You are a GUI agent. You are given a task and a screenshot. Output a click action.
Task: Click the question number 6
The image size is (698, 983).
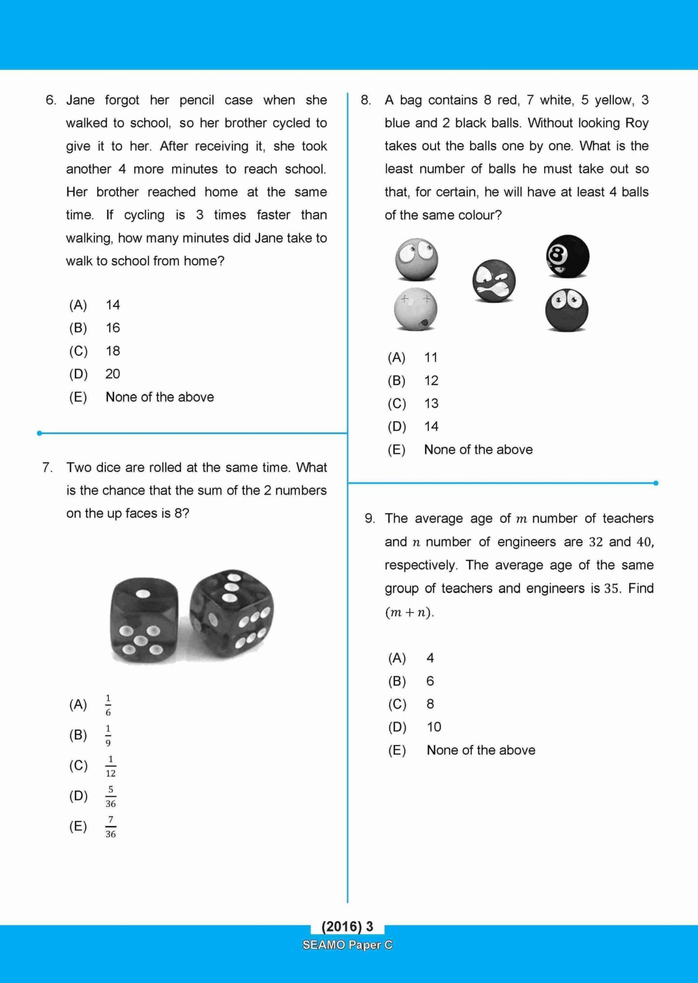pos(51,100)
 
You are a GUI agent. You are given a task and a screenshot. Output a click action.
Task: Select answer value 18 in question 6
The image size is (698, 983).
pos(113,351)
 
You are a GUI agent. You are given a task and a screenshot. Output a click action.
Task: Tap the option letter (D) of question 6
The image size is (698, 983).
pos(78,374)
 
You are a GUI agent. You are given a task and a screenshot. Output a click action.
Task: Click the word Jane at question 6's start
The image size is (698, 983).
pos(81,100)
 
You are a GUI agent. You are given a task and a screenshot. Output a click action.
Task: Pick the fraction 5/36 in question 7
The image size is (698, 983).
pos(111,797)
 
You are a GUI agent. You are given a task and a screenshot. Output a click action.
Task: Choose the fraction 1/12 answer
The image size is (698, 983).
pos(111,766)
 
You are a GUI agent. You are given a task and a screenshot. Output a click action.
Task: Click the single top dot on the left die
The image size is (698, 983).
pos(143,594)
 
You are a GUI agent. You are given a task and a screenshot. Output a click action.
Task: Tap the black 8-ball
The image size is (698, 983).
pos(568,256)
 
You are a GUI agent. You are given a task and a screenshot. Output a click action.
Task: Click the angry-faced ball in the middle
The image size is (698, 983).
pos(494,281)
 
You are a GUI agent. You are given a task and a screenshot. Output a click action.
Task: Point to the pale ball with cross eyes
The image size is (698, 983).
pos(415,309)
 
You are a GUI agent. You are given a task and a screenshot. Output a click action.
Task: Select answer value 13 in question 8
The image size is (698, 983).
pos(431,404)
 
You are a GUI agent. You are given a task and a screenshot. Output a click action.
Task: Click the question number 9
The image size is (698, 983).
pos(370,519)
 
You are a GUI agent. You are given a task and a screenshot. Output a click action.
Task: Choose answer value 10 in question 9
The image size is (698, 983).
pos(434,727)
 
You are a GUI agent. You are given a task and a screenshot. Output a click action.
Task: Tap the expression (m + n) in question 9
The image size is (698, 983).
pos(409,613)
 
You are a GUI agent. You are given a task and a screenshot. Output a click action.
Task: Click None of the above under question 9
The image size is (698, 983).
pos(481,750)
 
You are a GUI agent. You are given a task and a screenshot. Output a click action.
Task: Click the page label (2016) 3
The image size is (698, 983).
pos(347,926)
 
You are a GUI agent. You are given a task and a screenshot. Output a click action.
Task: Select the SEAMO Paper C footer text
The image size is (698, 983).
pos(347,945)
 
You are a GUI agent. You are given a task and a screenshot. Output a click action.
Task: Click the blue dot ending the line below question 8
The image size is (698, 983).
pos(655,483)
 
